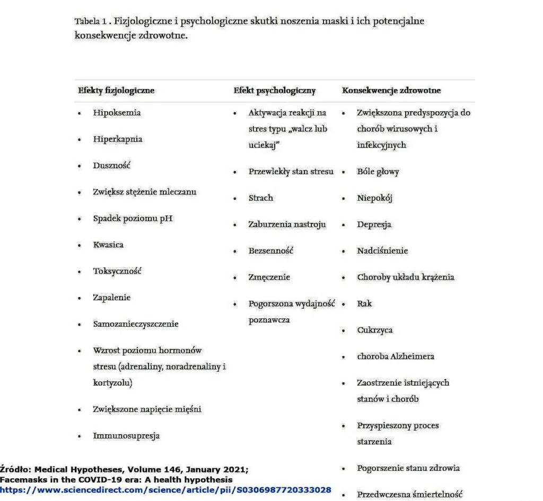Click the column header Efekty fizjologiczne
pyautogui.click(x=116, y=91)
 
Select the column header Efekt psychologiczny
pyautogui.click(x=274, y=91)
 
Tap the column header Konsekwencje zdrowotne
pyautogui.click(x=391, y=91)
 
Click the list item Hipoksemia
pyautogui.click(x=117, y=113)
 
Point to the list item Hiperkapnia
pyautogui.click(x=117, y=139)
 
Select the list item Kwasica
pyautogui.click(x=108, y=245)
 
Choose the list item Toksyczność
pyautogui.click(x=117, y=271)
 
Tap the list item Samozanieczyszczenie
pyautogui.click(x=136, y=324)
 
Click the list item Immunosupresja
pyautogui.click(x=126, y=436)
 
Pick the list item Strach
pyautogui.click(x=261, y=198)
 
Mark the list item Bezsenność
pyautogui.click(x=271, y=250)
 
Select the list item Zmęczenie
pyautogui.click(x=269, y=277)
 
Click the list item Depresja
pyautogui.click(x=374, y=225)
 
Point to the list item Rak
pyautogui.click(x=364, y=303)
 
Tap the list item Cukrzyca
pyautogui.click(x=374, y=330)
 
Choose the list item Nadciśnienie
pyautogui.click(x=382, y=250)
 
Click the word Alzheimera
pyautogui.click(x=410, y=356)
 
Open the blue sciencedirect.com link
pyautogui.click(x=166, y=490)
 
